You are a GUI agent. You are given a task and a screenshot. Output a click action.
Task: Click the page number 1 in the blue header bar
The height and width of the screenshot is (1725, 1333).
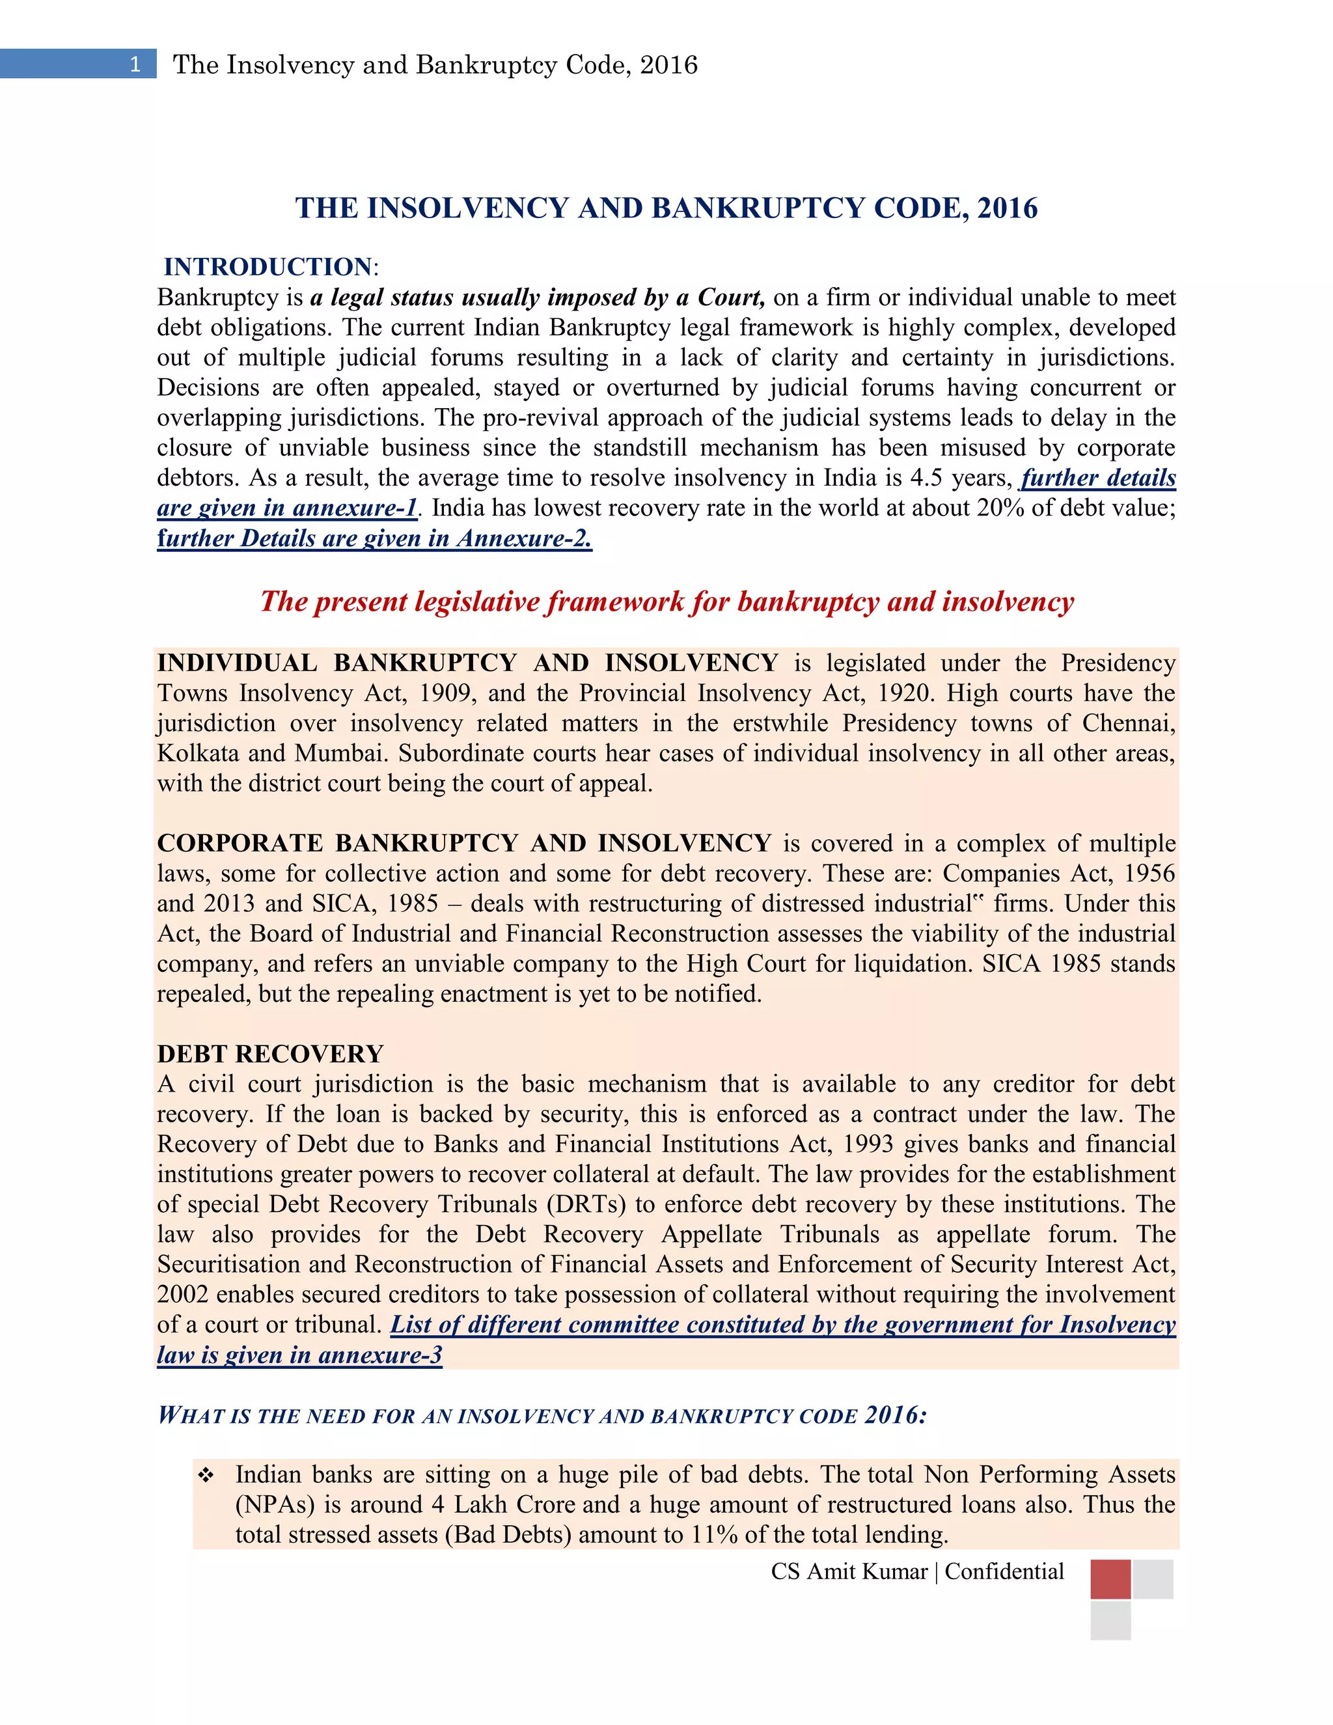click(135, 64)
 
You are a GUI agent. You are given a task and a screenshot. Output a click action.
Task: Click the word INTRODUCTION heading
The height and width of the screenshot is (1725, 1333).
click(267, 267)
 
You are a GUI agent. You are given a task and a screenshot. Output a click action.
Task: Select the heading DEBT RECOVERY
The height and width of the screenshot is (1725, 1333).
click(270, 1054)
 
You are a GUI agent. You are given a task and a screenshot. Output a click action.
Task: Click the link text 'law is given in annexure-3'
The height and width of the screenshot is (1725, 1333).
click(299, 1355)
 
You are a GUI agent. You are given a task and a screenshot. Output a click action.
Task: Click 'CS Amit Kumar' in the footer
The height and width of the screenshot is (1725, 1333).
click(849, 1572)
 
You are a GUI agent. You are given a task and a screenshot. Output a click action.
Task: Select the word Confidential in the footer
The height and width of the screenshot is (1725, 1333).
click(1004, 1572)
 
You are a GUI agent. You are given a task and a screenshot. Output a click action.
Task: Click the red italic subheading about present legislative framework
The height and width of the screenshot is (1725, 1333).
click(666, 602)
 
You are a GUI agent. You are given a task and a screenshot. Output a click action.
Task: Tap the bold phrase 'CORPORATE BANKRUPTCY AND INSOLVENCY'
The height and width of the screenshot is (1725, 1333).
click(463, 843)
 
